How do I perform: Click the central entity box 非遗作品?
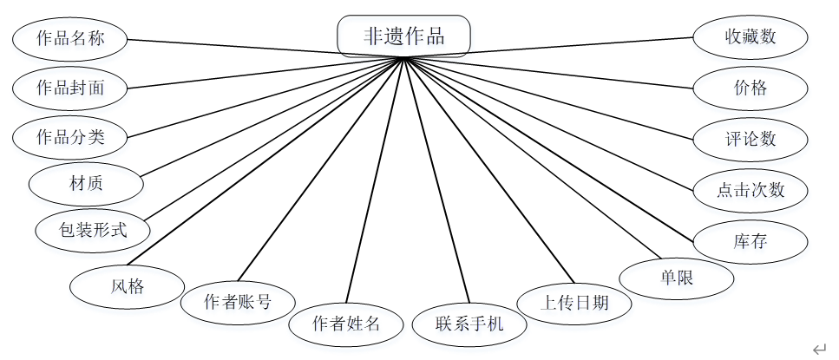pyautogui.click(x=403, y=36)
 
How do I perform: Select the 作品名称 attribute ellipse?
pyautogui.click(x=70, y=38)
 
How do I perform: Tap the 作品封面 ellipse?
pyautogui.click(x=70, y=87)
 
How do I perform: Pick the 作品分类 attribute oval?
pyautogui.click(x=70, y=136)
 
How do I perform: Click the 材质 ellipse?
pyautogui.click(x=86, y=183)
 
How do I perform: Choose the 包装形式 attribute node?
pyautogui.click(x=93, y=231)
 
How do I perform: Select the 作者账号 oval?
pyautogui.click(x=237, y=302)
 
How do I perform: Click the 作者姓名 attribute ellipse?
pyautogui.click(x=346, y=324)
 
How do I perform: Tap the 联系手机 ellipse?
pyautogui.click(x=469, y=324)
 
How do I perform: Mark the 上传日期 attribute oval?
pyautogui.click(x=574, y=303)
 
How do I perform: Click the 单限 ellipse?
pyautogui.click(x=677, y=278)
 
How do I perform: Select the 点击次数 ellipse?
pyautogui.click(x=751, y=190)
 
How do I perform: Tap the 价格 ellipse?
pyautogui.click(x=751, y=88)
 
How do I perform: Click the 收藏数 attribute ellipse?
pyautogui.click(x=751, y=37)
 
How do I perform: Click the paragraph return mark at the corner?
pyautogui.click(x=819, y=349)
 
